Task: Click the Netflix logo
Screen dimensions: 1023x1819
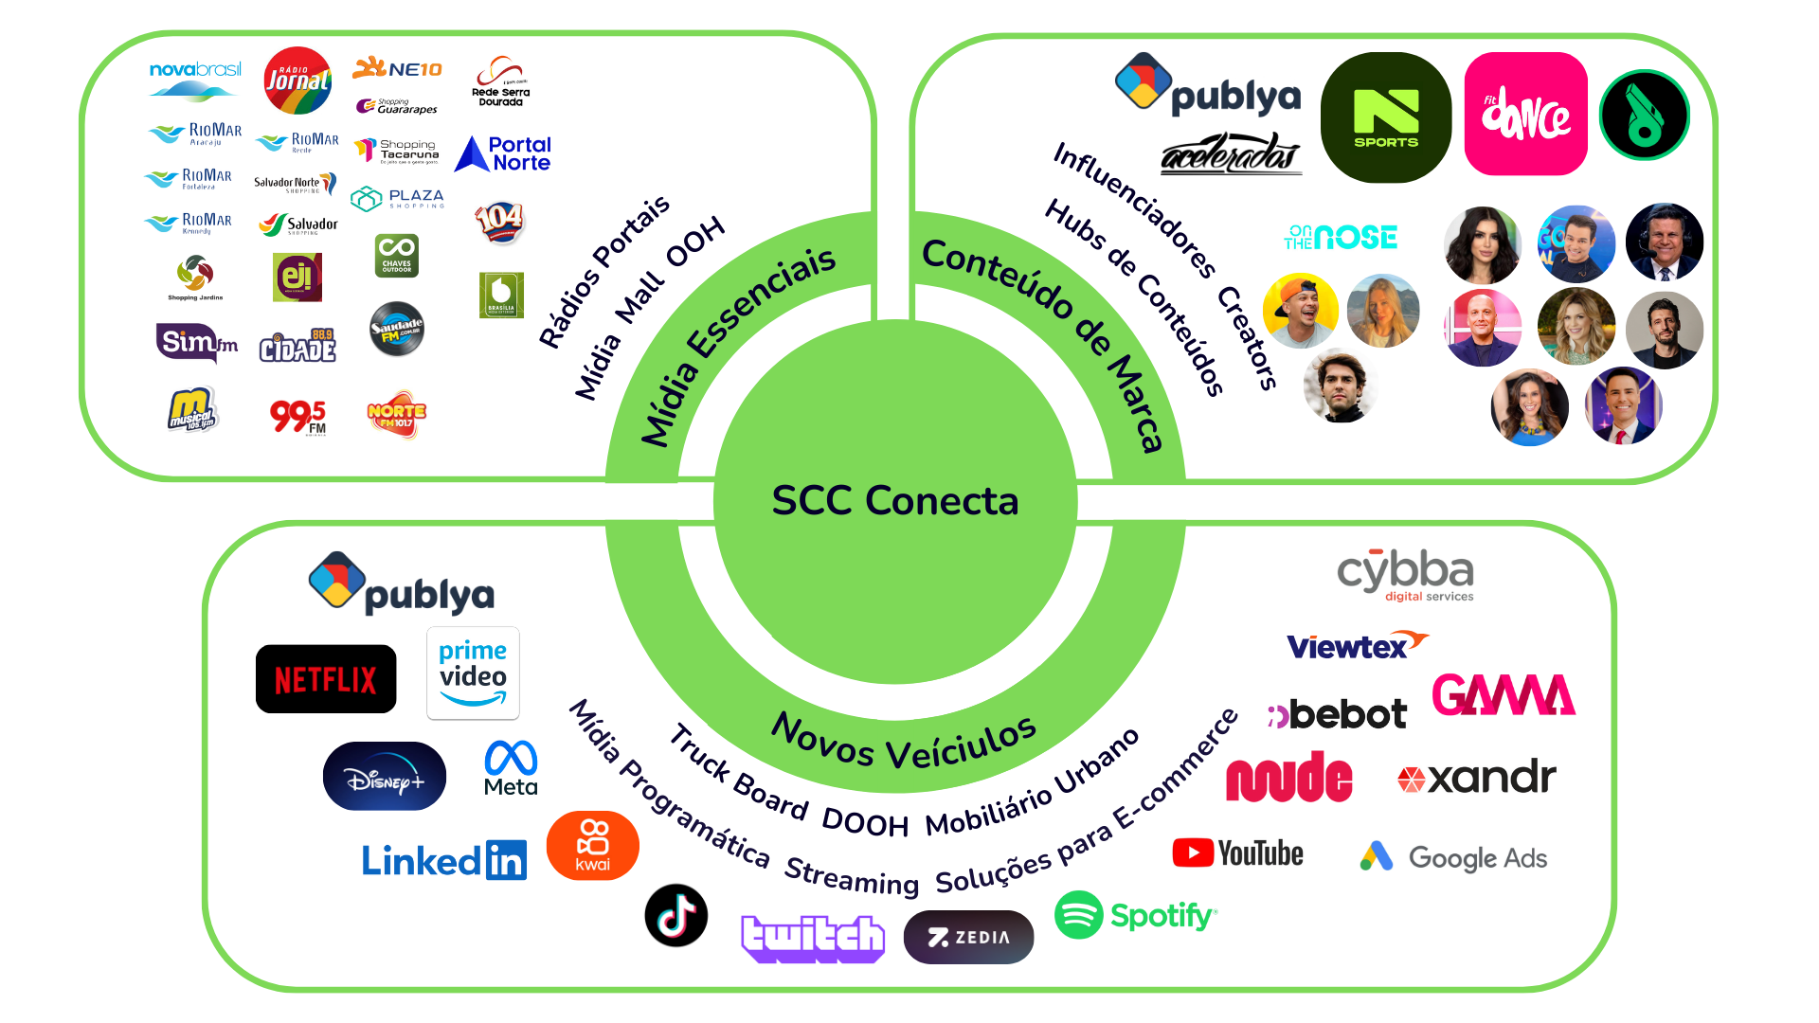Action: (326, 679)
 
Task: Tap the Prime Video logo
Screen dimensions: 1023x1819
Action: (473, 673)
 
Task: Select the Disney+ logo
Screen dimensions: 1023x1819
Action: (384, 777)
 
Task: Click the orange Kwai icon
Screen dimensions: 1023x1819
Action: (593, 845)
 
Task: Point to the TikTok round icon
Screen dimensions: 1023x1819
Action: (676, 915)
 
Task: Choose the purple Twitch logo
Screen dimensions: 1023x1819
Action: (813, 938)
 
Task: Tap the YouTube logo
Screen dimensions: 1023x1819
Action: (1237, 853)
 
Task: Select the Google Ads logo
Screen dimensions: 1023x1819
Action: (1453, 857)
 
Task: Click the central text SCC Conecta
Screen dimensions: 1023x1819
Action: (894, 501)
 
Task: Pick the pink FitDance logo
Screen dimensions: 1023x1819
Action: (1525, 114)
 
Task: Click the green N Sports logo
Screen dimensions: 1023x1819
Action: (1386, 117)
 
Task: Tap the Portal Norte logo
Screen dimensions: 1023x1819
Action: (503, 153)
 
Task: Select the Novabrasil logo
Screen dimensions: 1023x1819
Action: (195, 80)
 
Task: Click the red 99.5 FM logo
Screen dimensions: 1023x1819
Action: (297, 416)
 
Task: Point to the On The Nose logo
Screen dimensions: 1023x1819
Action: (1341, 237)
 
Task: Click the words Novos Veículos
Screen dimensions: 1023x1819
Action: (904, 742)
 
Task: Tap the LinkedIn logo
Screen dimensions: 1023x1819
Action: (443, 860)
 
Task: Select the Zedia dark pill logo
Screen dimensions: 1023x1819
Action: (968, 937)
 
